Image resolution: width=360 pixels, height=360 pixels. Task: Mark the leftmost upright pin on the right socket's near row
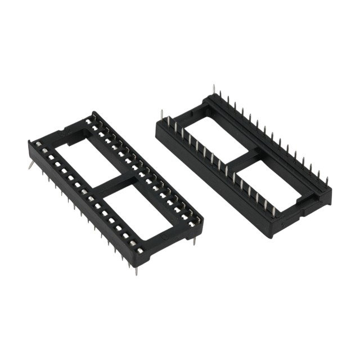pos(162,118)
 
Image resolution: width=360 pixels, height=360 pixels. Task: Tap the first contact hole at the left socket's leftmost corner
pos(38,145)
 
